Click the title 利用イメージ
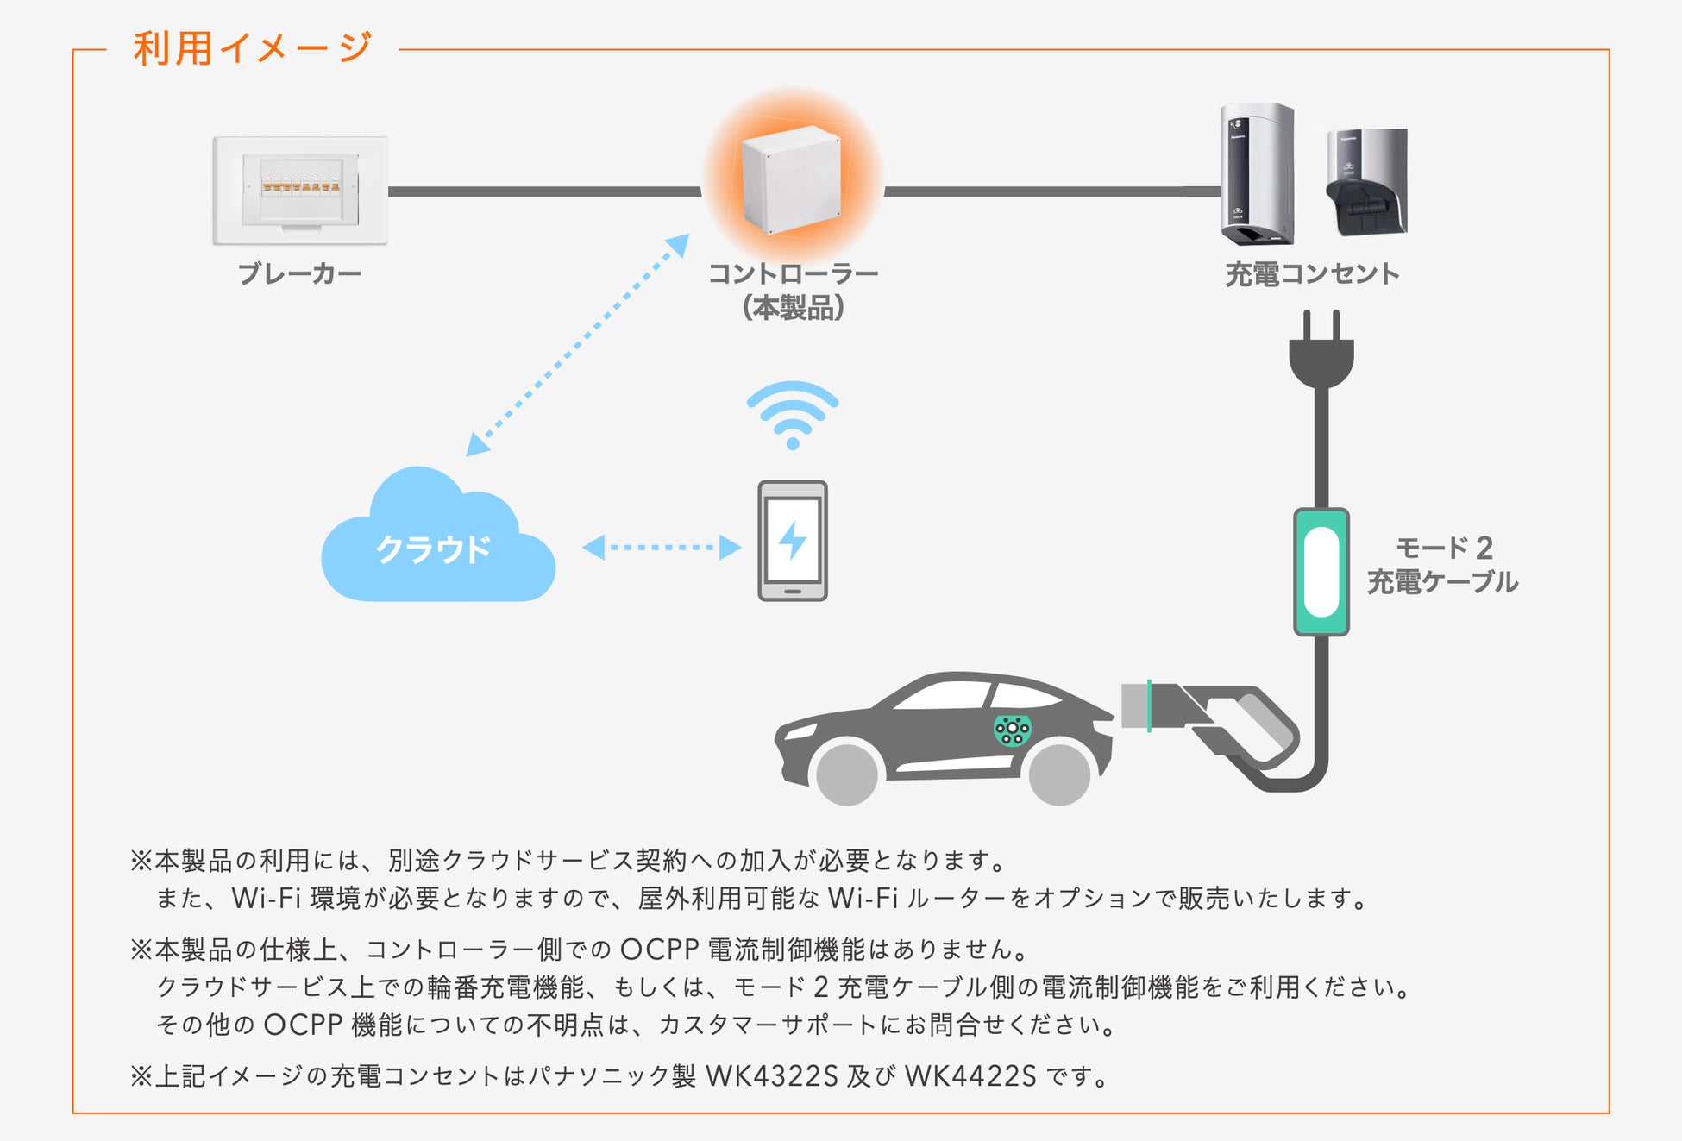point(253,48)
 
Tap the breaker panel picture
point(300,190)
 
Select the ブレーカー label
point(299,274)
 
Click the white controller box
point(791,179)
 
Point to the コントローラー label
point(793,274)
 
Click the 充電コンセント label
point(1312,274)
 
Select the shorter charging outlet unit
point(1366,182)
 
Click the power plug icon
point(1321,349)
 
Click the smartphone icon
point(792,541)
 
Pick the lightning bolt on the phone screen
point(792,540)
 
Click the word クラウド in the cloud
point(433,549)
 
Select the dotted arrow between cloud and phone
point(662,547)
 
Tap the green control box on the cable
point(1321,572)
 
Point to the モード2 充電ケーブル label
point(1442,565)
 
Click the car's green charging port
point(1012,730)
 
